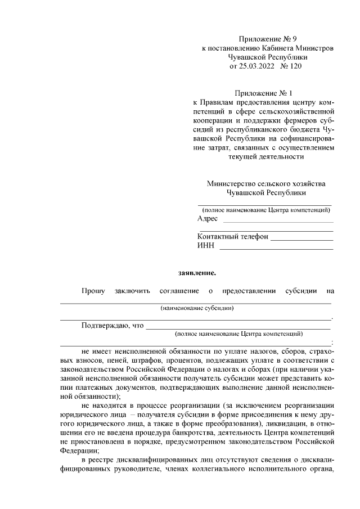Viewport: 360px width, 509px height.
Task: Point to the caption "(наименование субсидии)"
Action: [197, 308]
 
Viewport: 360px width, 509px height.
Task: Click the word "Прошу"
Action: [93, 291]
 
